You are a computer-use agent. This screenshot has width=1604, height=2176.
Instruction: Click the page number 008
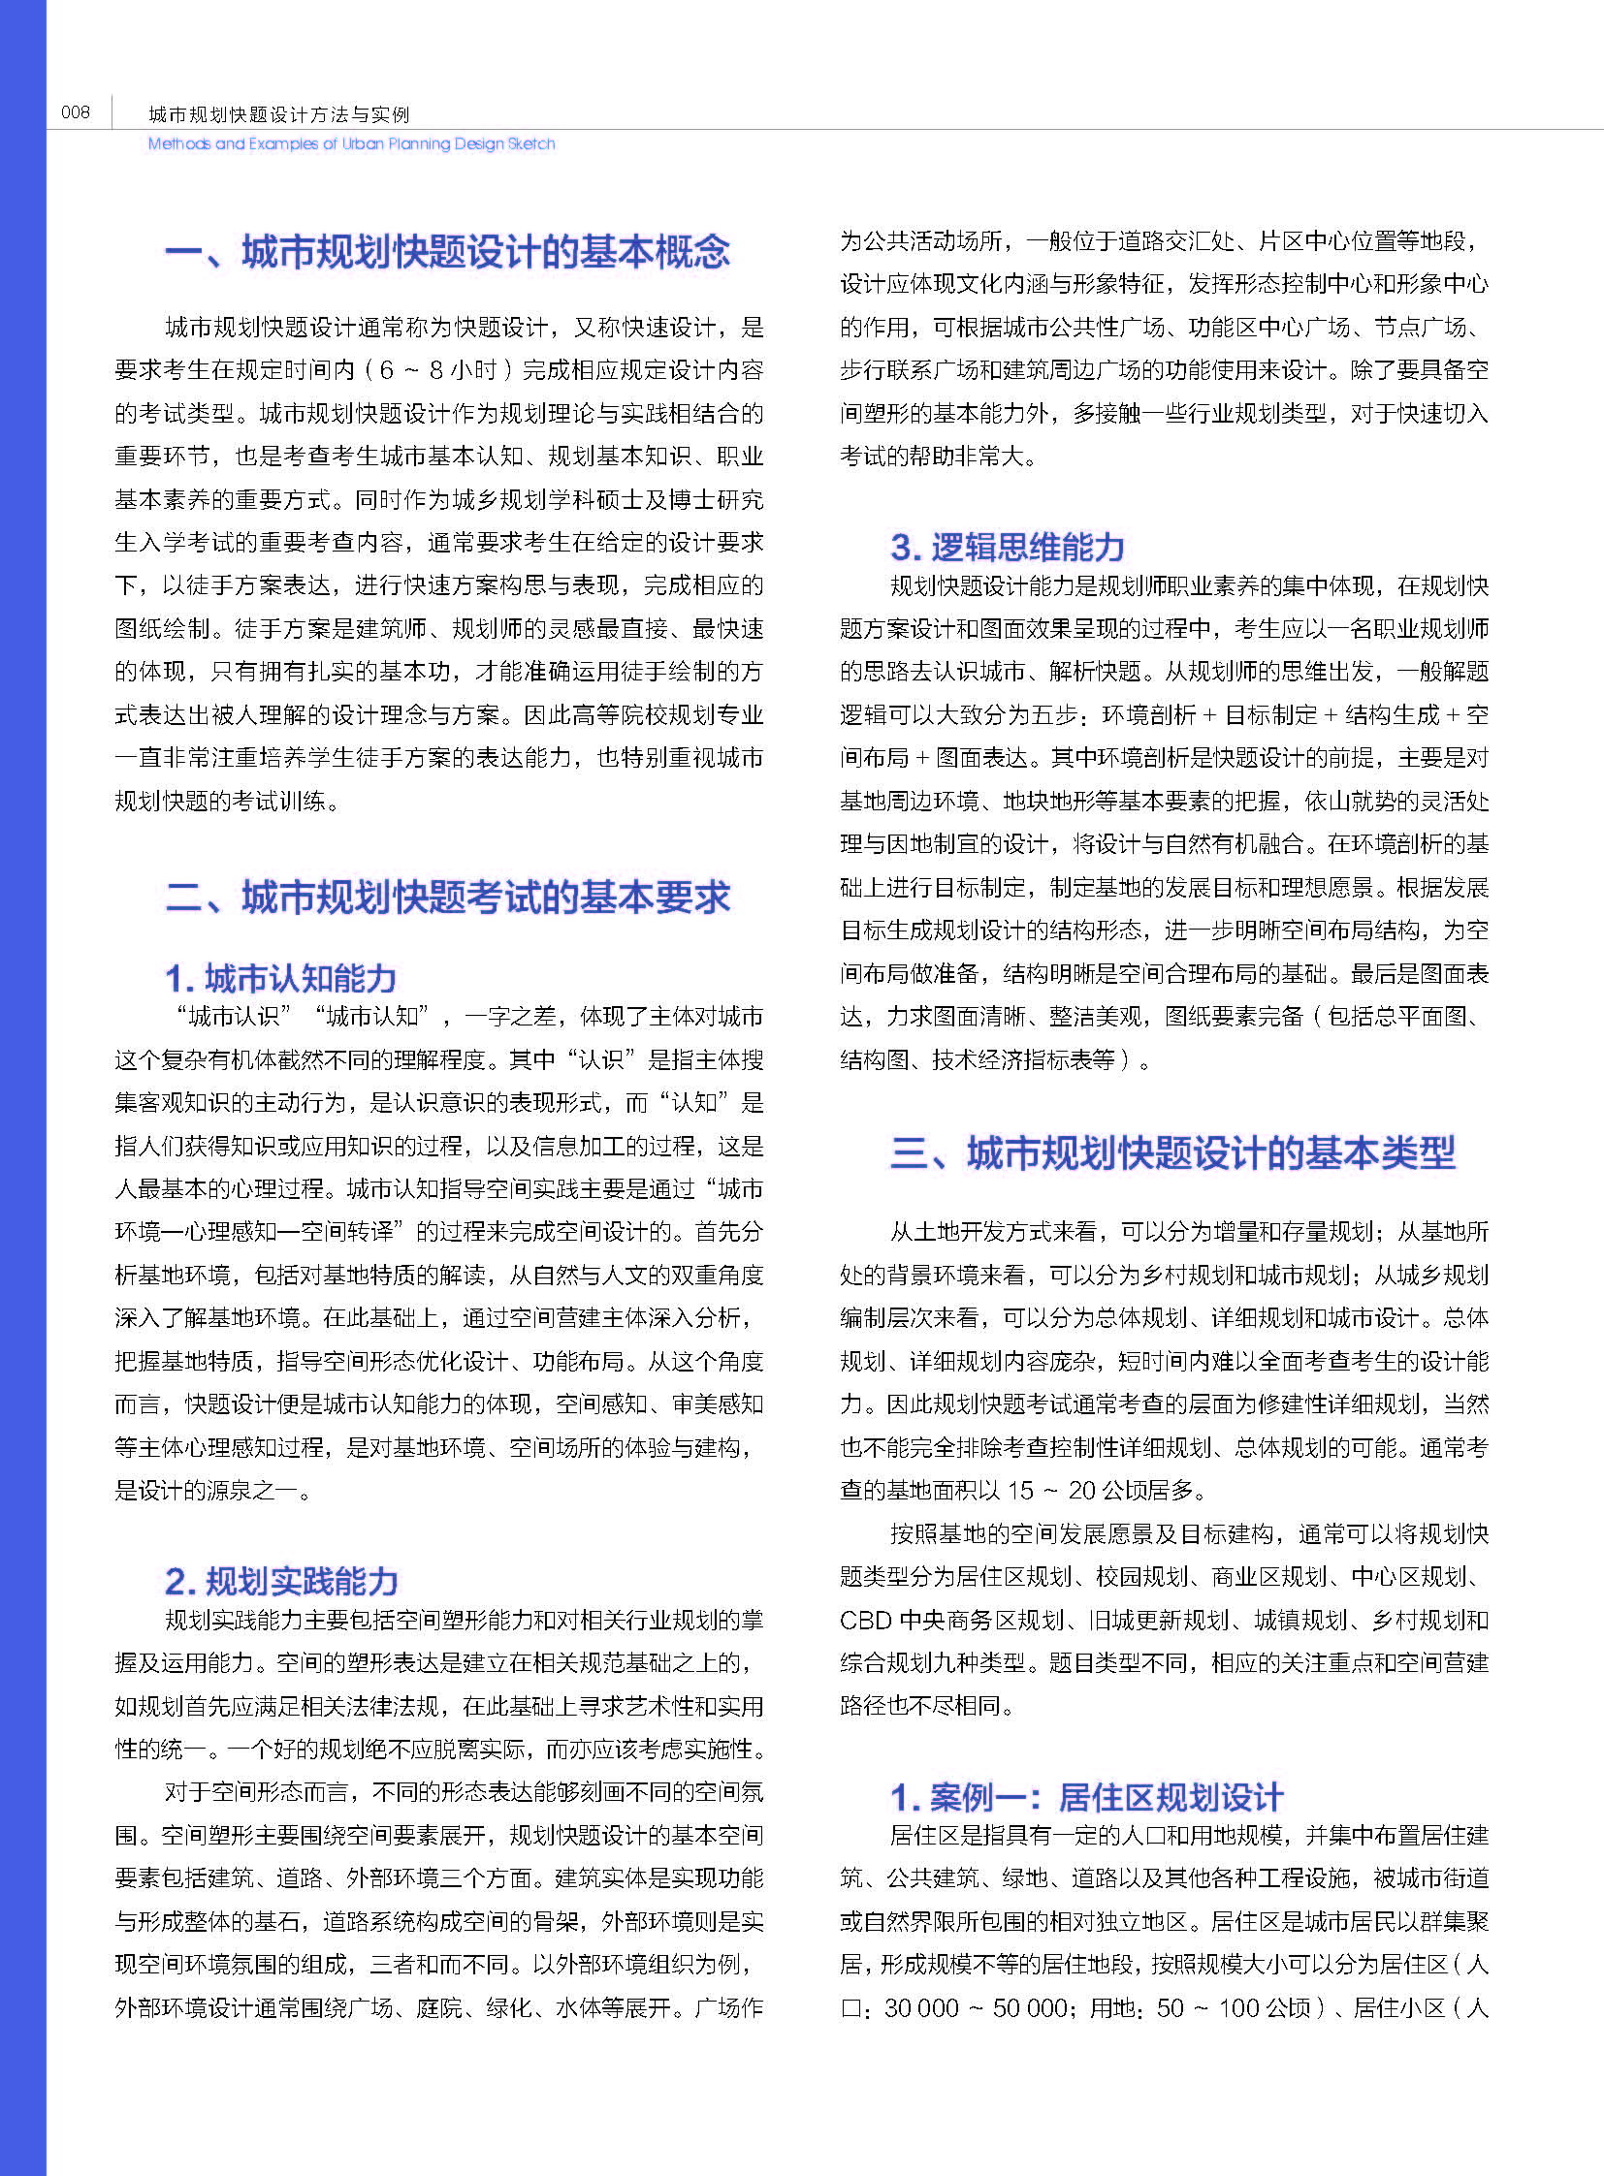(75, 112)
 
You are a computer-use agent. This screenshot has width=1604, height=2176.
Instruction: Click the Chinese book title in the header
(278, 114)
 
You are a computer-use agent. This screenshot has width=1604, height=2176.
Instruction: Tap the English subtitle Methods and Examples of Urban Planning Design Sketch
(351, 143)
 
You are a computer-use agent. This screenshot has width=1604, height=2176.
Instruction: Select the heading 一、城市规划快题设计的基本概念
(448, 252)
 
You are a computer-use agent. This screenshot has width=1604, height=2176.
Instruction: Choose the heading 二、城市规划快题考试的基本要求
(448, 897)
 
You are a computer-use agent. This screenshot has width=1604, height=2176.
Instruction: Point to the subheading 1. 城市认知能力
(280, 977)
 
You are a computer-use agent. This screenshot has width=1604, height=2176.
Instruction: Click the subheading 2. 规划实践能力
(281, 1581)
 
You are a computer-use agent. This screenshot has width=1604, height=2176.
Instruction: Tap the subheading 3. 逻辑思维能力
(1007, 548)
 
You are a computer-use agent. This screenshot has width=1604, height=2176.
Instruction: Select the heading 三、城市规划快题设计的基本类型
(1171, 1153)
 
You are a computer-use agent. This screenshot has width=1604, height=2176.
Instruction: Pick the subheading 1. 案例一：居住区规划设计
(1086, 1796)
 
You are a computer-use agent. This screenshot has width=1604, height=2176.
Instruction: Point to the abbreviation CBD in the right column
(865, 1620)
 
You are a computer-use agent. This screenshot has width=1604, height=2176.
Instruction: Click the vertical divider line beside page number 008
(112, 112)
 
